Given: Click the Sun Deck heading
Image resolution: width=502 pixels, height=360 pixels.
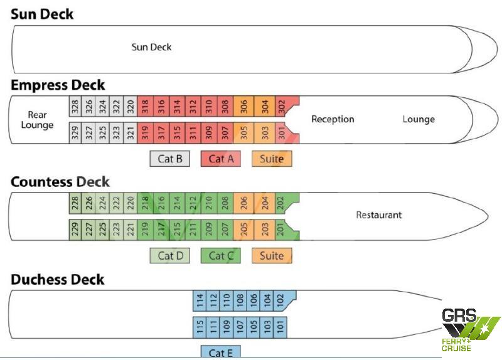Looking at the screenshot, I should [42, 14].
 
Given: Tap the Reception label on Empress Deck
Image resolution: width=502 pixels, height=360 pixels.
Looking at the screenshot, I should [333, 119].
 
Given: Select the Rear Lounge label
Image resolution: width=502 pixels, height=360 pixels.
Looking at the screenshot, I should [37, 120].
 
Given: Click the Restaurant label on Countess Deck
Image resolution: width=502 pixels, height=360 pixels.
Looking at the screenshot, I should [378, 215].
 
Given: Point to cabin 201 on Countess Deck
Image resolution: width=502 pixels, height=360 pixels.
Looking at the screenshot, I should [280, 229].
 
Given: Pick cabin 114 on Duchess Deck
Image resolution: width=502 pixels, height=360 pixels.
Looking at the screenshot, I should [200, 301].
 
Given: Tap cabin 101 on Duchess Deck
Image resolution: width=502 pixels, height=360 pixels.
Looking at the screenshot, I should [280, 327].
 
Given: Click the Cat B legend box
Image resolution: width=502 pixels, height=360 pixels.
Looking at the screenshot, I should [169, 159].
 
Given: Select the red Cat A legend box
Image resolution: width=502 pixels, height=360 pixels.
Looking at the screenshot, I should [221, 159].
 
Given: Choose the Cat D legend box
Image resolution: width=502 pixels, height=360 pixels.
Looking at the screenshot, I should [169, 255].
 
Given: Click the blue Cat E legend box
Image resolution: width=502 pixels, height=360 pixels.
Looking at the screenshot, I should [220, 352].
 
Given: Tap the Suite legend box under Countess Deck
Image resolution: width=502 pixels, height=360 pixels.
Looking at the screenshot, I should [272, 255].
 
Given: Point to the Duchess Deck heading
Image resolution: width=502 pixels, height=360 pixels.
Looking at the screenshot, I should [58, 279].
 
